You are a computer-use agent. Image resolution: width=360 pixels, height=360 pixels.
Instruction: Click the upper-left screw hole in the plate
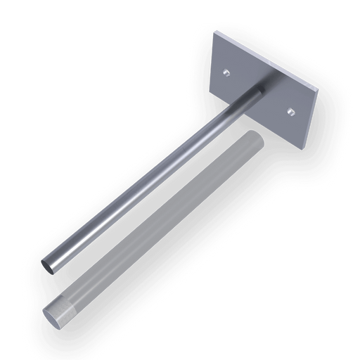[226, 72]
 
